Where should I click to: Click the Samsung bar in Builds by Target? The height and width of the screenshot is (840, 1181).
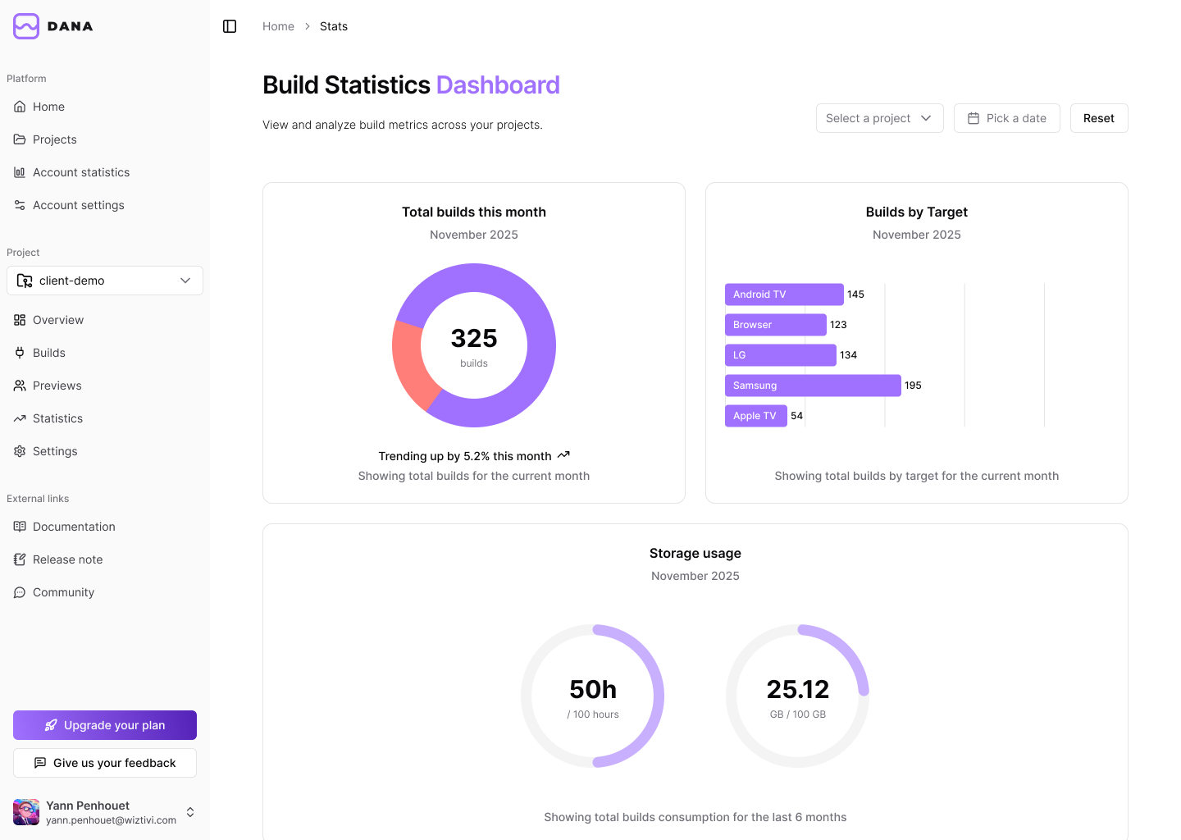[812, 386]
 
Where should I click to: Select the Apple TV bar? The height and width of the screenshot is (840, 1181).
[755, 416]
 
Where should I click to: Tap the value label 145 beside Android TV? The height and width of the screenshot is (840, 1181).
[855, 294]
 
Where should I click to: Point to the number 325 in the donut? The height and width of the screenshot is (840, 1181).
[474, 338]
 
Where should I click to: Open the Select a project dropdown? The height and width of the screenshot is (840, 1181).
[879, 118]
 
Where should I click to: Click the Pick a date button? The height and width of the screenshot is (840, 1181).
[1006, 118]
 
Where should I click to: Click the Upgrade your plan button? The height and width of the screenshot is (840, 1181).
[105, 725]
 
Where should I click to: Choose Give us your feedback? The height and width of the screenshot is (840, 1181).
[105, 763]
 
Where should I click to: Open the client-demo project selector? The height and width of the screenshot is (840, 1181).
[105, 281]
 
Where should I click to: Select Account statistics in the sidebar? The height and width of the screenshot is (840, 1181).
[81, 172]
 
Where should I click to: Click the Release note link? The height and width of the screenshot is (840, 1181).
[67, 559]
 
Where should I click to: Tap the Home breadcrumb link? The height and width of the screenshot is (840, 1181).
[278, 26]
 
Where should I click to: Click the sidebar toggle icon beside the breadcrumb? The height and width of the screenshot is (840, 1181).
[230, 26]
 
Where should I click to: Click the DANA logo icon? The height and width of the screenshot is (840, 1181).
[26, 26]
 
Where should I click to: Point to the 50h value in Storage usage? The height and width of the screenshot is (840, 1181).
[593, 689]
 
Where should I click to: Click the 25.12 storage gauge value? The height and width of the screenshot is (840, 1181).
[797, 689]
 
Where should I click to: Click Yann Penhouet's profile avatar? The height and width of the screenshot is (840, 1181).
[26, 812]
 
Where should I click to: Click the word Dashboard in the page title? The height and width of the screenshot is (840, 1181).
[498, 85]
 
